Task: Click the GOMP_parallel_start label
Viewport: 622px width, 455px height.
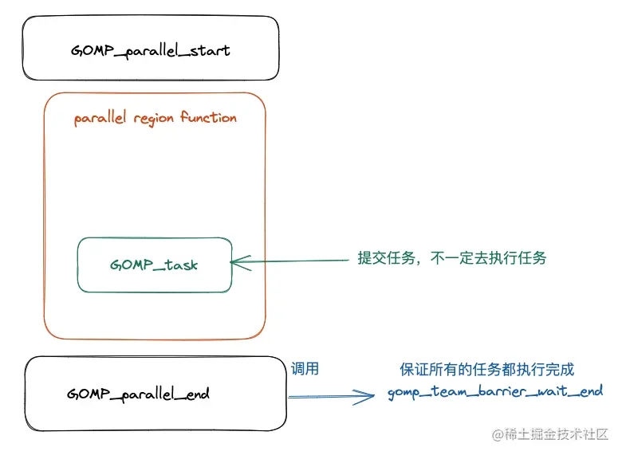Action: [x=151, y=51]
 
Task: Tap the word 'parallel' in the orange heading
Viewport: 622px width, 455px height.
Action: [x=100, y=118]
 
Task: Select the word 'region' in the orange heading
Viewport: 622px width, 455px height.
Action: [x=154, y=119]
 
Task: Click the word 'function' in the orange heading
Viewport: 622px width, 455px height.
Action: [x=208, y=117]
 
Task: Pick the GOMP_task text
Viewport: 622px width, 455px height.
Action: [x=154, y=265]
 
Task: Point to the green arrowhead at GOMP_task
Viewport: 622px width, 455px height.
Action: [x=231, y=262]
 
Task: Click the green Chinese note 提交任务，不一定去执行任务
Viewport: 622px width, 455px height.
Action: [x=452, y=258]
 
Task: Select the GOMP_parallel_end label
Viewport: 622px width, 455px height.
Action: [x=138, y=394]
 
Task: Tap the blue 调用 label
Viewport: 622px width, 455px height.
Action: [x=305, y=369]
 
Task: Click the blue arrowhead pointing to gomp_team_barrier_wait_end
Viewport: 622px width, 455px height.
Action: [x=373, y=395]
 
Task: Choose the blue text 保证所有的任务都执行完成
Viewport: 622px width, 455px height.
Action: [x=486, y=370]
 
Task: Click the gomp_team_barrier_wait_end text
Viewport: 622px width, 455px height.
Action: [x=495, y=392]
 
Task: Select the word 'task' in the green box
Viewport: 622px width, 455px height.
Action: [x=181, y=265]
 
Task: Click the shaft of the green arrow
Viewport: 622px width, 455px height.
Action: [x=290, y=261]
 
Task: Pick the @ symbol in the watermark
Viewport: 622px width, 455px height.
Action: [x=498, y=435]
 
